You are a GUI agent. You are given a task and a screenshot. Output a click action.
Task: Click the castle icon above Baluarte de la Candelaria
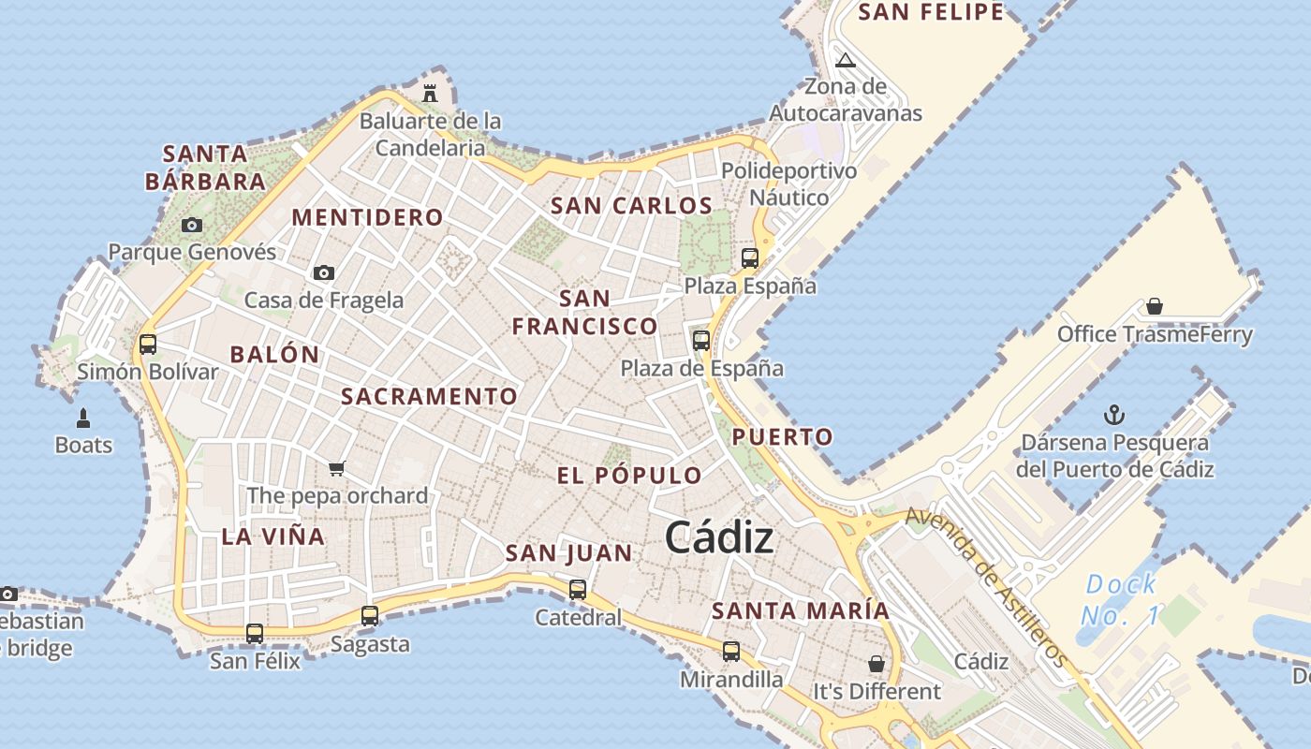click(x=430, y=93)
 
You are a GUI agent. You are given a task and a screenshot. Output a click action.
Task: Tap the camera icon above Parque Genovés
click(x=192, y=225)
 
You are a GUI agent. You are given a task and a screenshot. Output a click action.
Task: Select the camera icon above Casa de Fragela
click(x=324, y=272)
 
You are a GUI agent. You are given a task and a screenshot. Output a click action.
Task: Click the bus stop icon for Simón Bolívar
click(x=148, y=344)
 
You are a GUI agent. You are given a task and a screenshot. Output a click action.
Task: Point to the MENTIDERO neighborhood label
click(x=367, y=217)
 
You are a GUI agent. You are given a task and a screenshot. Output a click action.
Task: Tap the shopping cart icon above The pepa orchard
click(x=337, y=468)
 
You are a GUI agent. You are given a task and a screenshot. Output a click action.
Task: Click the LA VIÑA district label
click(x=273, y=536)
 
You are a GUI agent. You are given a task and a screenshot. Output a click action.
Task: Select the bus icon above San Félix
click(x=255, y=634)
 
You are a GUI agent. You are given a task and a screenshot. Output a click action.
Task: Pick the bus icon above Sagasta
click(x=370, y=616)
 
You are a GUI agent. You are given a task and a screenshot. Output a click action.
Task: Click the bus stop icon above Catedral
click(x=578, y=590)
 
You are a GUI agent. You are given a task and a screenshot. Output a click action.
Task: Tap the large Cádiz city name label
click(x=719, y=538)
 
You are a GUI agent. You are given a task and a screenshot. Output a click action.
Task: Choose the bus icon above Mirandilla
click(x=731, y=651)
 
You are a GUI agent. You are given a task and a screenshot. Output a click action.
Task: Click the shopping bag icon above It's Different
click(x=876, y=664)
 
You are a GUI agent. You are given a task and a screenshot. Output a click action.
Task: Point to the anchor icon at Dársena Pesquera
click(x=1114, y=415)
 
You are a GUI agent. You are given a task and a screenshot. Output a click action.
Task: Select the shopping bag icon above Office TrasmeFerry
click(x=1155, y=306)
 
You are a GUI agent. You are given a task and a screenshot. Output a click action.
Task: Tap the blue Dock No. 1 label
click(x=1121, y=600)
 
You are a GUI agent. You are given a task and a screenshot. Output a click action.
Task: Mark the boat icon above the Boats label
click(x=83, y=418)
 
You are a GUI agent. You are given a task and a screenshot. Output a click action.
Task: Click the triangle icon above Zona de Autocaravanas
click(x=846, y=61)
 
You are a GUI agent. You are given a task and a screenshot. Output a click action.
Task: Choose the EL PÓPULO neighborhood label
click(x=629, y=476)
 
